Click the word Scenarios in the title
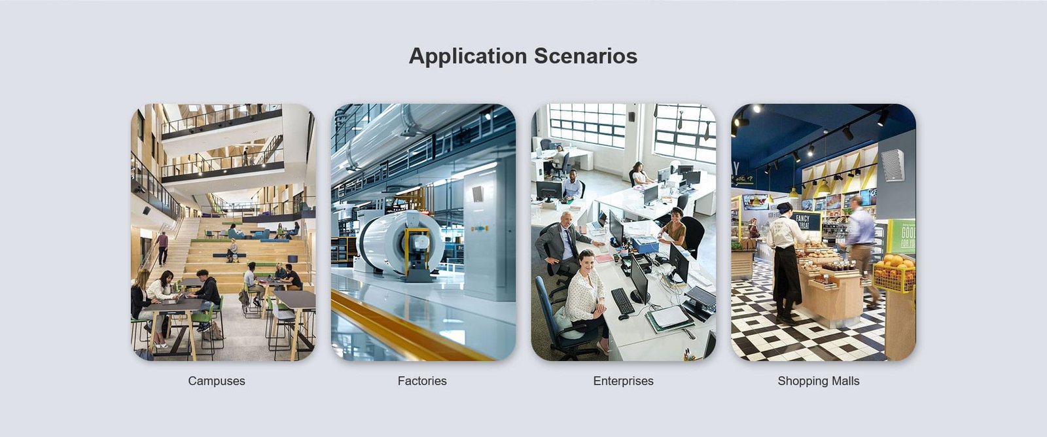(x=586, y=56)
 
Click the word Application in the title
(x=468, y=56)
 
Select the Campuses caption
(x=217, y=381)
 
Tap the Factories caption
(x=422, y=381)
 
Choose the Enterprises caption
(x=623, y=381)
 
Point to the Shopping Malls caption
(x=819, y=381)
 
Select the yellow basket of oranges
(x=894, y=273)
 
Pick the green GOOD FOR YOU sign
(x=902, y=236)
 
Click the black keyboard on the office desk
(x=622, y=300)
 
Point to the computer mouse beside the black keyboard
(x=624, y=317)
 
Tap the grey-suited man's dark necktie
(x=571, y=243)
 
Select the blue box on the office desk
(x=645, y=244)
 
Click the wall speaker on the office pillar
(x=631, y=117)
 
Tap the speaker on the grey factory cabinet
(x=477, y=194)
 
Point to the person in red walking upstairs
(x=162, y=248)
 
